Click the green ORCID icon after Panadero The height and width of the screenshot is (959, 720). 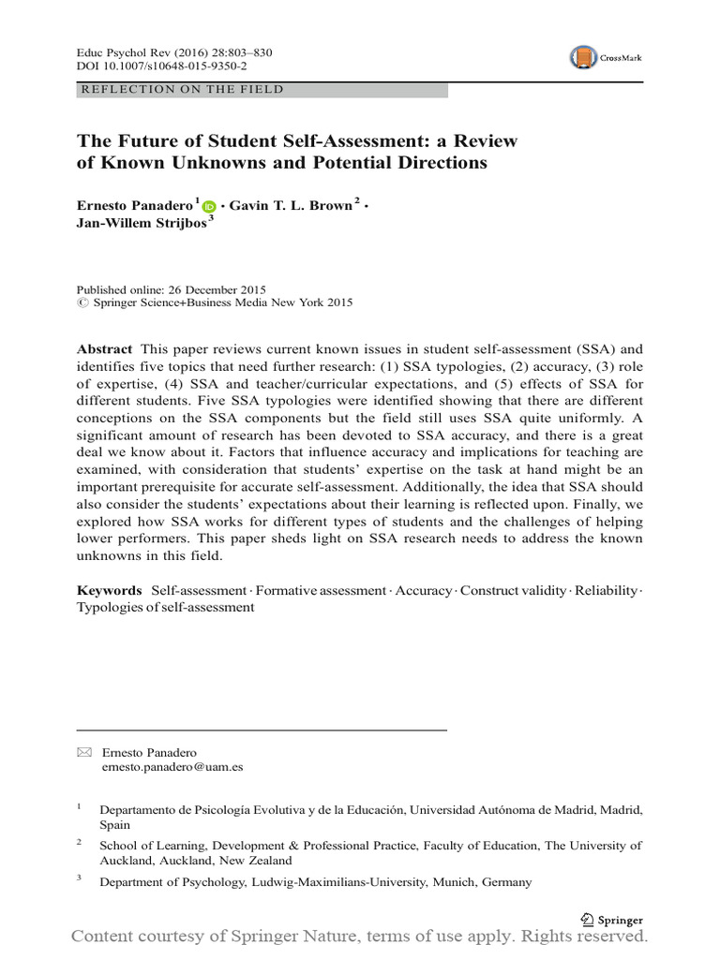tap(208, 206)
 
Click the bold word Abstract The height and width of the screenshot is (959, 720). tap(103, 348)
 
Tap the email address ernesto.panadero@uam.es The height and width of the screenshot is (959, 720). tap(172, 766)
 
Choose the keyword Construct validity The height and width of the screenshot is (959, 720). tap(514, 590)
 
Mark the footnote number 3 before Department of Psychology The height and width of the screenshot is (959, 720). tap(80, 879)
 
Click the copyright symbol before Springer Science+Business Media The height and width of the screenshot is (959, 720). tap(81, 303)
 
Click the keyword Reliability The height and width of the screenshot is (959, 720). tap(606, 590)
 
